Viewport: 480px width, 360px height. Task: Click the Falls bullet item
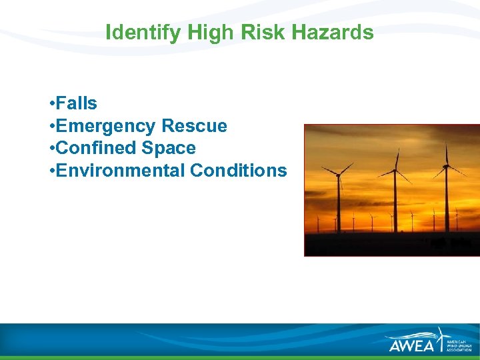(x=77, y=103)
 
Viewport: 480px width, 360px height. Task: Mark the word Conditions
(x=239, y=171)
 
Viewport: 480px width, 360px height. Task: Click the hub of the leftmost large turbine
(x=338, y=175)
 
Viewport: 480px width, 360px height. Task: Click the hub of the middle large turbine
(x=395, y=171)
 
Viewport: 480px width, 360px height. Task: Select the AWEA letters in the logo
(x=411, y=345)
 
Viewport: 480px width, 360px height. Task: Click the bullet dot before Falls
(x=51, y=104)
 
